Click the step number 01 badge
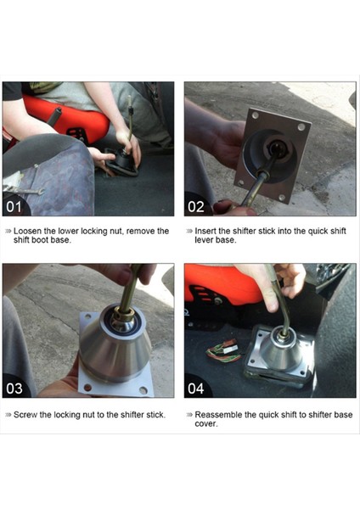pyautogui.click(x=14, y=207)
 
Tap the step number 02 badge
pyautogui.click(x=196, y=207)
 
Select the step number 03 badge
pyautogui.click(x=14, y=389)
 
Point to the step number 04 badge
pyautogui.click(x=196, y=389)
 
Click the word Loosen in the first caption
pyautogui.click(x=27, y=231)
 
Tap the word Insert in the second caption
pyautogui.click(x=205, y=231)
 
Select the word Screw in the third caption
pyautogui.click(x=25, y=415)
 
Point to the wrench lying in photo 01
pyautogui.click(x=24, y=190)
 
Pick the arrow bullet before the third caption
pyautogui.click(x=8, y=415)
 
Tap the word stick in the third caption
pyautogui.click(x=155, y=415)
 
